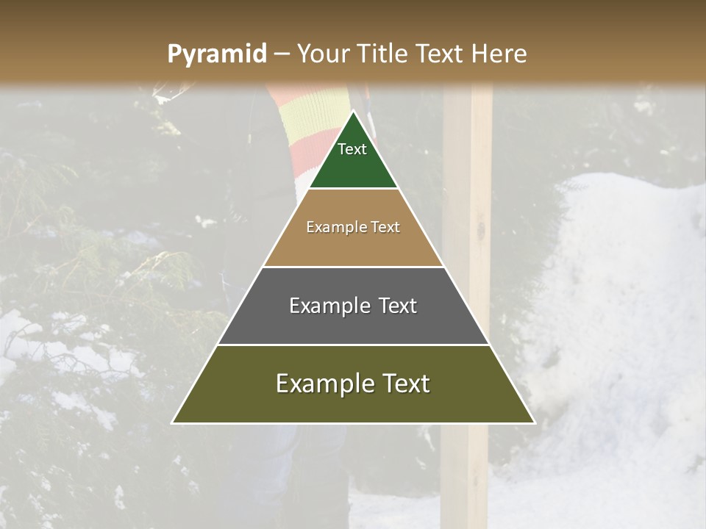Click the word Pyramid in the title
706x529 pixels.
[x=216, y=54]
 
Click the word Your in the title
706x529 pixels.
[x=323, y=54]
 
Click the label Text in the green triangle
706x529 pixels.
[x=352, y=149]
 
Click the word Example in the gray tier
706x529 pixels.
[x=321, y=306]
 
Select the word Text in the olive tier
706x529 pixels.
[x=401, y=384]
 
